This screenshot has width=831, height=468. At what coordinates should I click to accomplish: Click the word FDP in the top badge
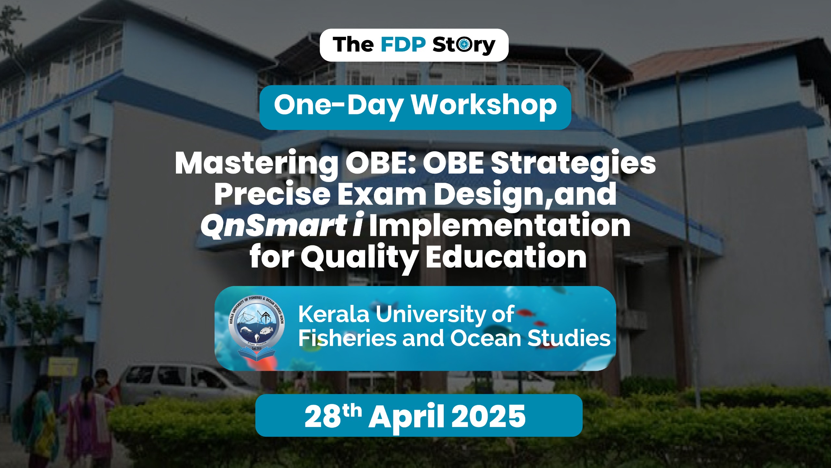click(403, 45)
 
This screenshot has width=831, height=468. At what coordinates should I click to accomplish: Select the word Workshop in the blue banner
click(484, 105)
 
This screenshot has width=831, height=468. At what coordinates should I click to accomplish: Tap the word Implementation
click(500, 225)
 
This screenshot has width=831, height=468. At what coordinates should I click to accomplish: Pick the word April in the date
click(406, 417)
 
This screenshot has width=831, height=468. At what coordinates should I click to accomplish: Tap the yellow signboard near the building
click(63, 367)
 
